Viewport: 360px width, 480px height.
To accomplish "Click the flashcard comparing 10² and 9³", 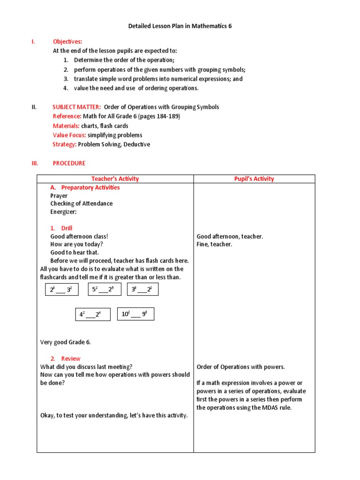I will coord(135,314).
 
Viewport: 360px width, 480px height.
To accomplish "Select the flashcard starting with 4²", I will coord(93,315).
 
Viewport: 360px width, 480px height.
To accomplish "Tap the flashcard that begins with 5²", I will coord(104,290).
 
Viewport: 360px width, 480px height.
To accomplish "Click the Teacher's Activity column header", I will coord(115,179).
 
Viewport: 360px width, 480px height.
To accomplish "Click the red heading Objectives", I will coord(67,42).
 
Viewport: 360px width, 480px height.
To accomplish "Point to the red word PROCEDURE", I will coord(69,163).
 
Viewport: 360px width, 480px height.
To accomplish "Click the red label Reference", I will coord(67,116).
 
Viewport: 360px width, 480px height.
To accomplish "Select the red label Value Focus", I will coord(69,135).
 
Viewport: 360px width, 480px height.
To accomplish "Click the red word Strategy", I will coord(64,144).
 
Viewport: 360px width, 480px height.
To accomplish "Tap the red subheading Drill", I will coord(67,228).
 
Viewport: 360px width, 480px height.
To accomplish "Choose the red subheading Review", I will coord(70,359).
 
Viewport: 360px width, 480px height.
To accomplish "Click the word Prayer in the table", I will coord(59,195).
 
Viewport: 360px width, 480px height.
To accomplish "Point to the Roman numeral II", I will coord(34,107).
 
